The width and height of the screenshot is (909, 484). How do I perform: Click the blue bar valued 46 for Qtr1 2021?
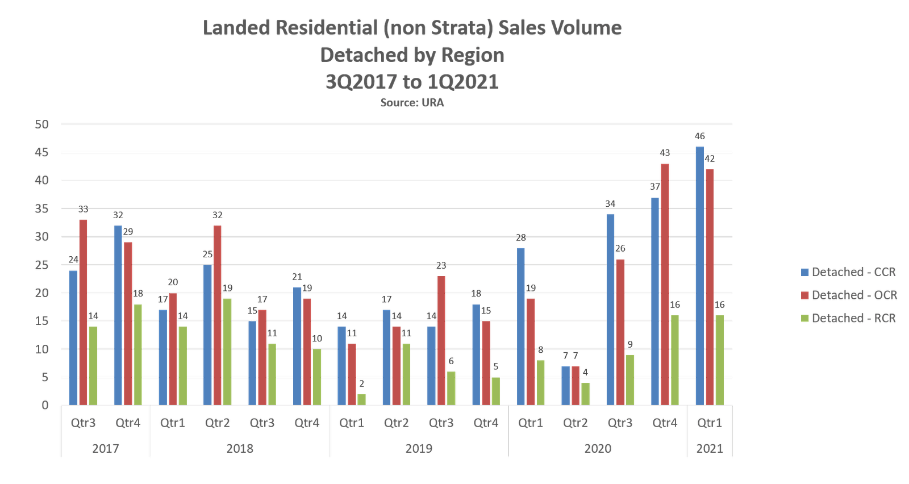click(x=700, y=276)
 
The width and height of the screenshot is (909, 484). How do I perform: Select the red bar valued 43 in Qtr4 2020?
click(x=665, y=284)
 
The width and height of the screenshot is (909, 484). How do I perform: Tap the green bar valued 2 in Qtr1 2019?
click(x=362, y=399)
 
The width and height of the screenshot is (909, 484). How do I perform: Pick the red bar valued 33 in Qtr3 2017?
click(x=83, y=312)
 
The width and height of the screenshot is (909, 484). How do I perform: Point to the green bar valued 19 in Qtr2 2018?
click(x=227, y=352)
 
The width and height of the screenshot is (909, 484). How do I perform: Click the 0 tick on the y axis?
click(x=44, y=406)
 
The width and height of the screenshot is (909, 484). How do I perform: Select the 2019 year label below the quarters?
click(x=419, y=448)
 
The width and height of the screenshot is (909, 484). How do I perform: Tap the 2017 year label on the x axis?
click(x=106, y=448)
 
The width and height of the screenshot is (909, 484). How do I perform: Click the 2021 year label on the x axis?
click(x=710, y=448)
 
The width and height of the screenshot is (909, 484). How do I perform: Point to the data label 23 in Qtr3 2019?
click(x=441, y=266)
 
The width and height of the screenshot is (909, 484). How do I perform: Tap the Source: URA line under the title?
click(x=412, y=103)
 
